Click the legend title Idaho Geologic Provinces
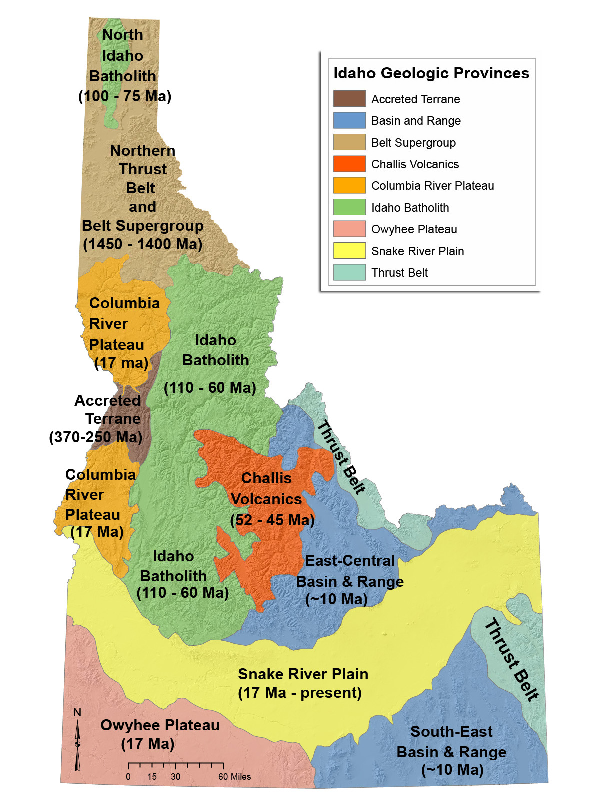coord(431,73)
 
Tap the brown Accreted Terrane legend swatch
coord(349,99)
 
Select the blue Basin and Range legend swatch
coord(349,120)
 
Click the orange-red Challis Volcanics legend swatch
coord(349,164)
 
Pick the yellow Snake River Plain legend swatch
coord(349,251)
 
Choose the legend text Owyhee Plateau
coord(414,229)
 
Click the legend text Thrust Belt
coord(399,273)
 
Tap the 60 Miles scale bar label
coord(234,777)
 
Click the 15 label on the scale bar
coord(152,777)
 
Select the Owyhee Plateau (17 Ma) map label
coord(159,734)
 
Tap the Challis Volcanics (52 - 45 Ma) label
coord(270,499)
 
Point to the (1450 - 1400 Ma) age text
coord(142,244)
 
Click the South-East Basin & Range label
coord(451,751)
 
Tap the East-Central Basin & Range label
coord(350,580)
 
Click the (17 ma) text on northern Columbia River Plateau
coord(121,363)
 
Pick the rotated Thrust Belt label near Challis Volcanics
coord(341,457)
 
